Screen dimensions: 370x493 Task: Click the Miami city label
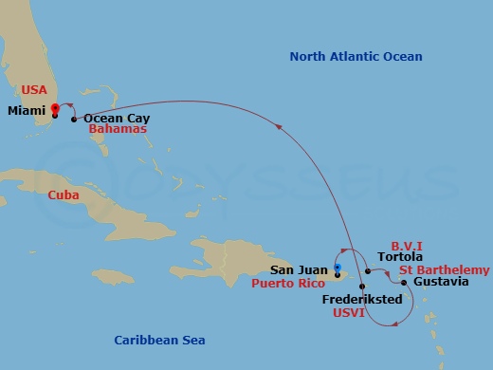click(26, 111)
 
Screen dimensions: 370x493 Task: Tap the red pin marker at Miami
click(55, 110)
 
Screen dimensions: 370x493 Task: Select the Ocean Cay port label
click(117, 120)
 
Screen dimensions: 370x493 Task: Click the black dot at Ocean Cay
click(74, 120)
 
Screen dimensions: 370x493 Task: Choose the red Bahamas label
click(119, 129)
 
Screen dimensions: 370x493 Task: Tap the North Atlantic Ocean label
click(356, 57)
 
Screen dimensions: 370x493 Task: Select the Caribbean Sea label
click(159, 340)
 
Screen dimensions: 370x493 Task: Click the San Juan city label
click(299, 268)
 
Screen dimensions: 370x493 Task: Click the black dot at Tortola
click(367, 271)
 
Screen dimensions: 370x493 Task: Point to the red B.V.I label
click(408, 244)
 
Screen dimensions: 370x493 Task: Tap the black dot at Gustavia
click(404, 283)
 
